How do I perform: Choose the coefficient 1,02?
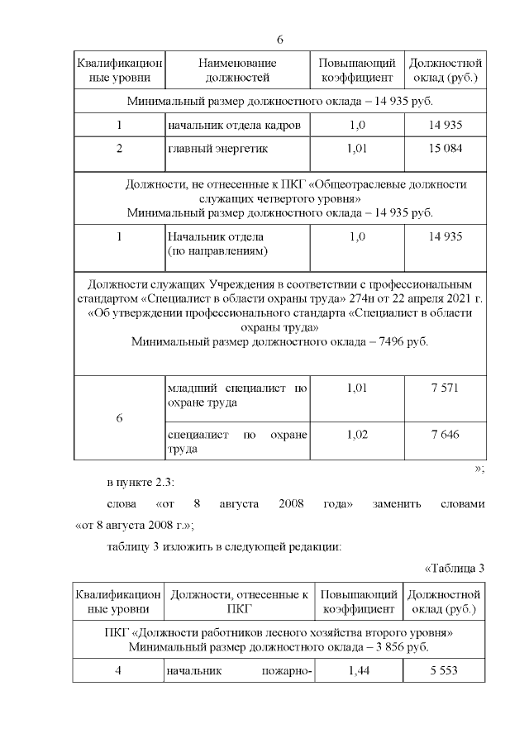coord(357,434)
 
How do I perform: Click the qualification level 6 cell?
coord(119,418)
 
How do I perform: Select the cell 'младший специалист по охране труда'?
coord(237,395)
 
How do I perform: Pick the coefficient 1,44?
coord(357,672)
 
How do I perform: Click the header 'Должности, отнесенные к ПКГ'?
coord(238,602)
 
